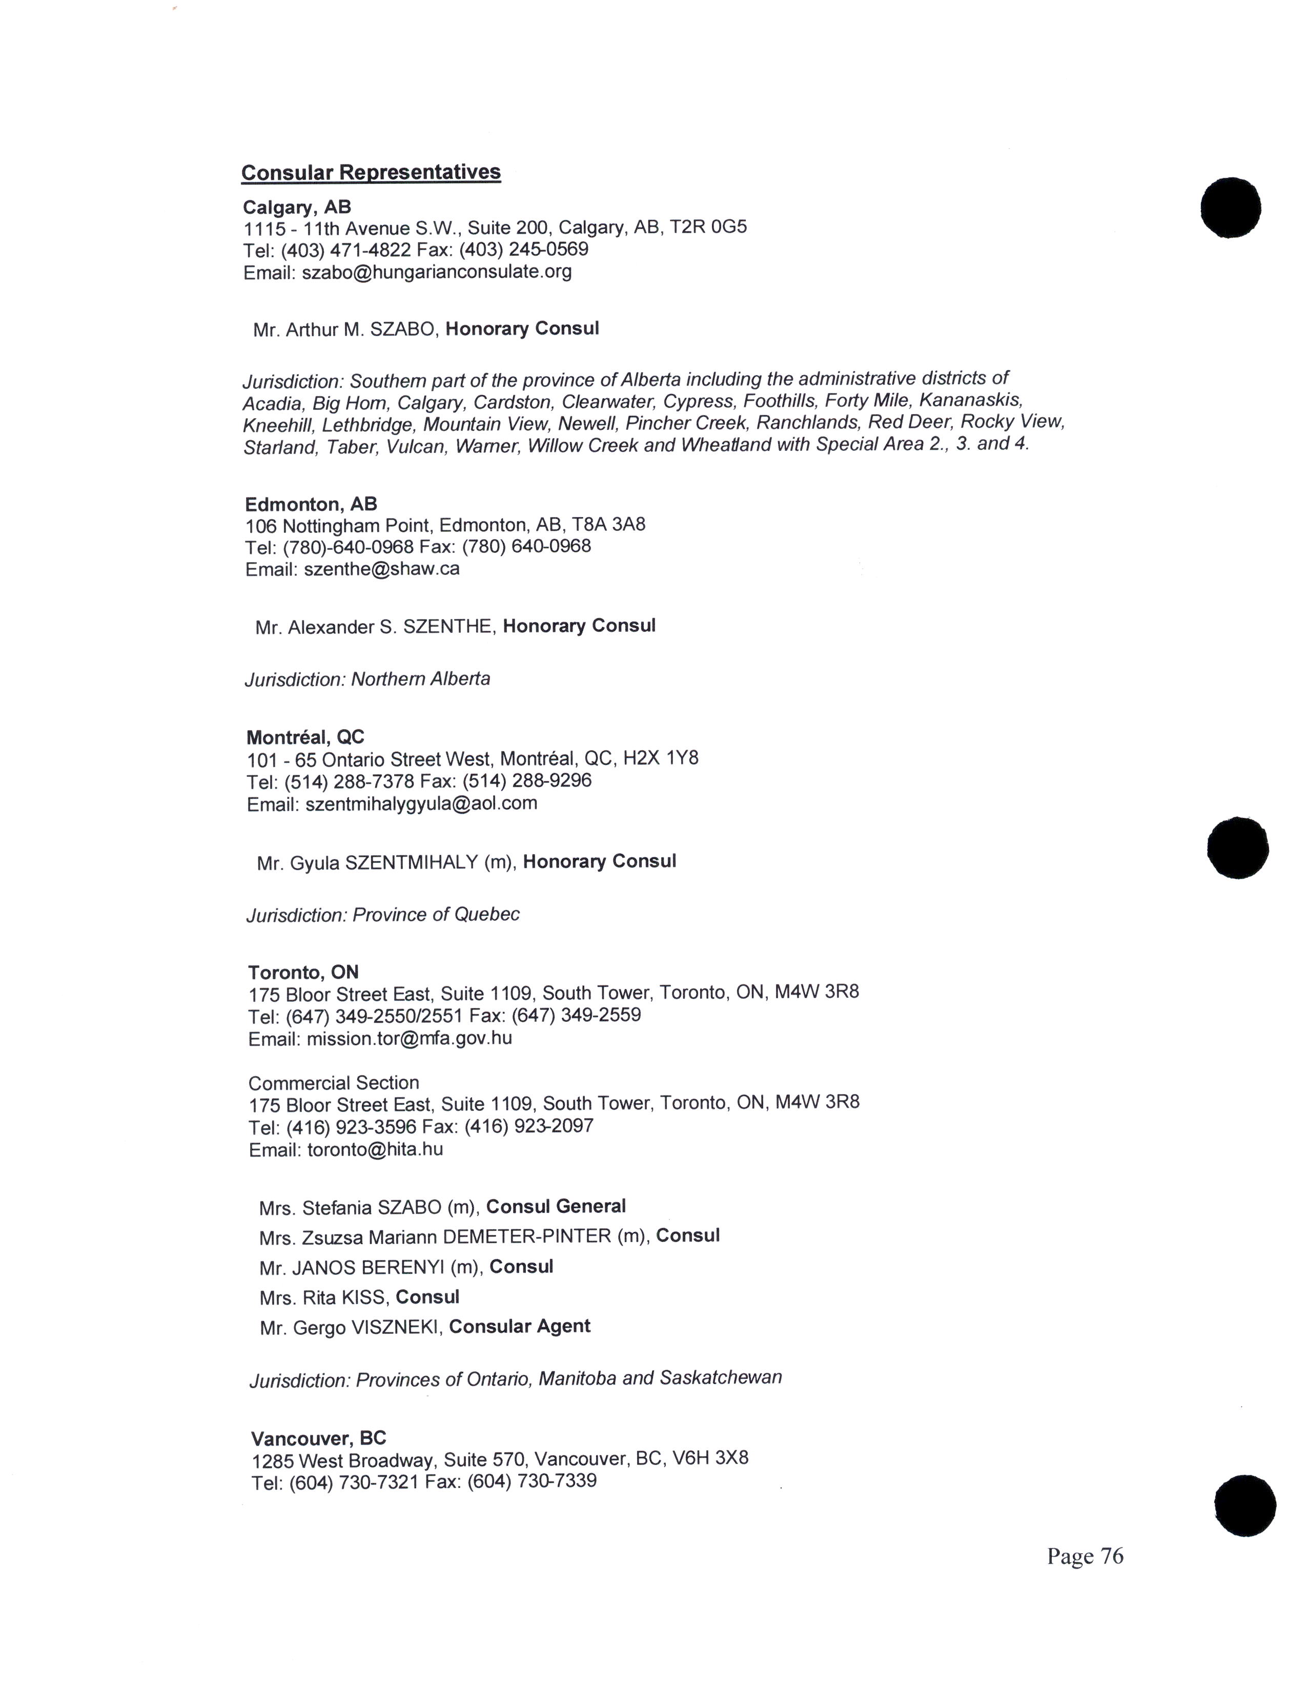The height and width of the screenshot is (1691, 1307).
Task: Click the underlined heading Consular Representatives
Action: (x=371, y=172)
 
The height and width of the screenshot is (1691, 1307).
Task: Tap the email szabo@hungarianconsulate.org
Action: (x=437, y=272)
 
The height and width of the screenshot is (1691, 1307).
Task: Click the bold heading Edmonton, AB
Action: (x=311, y=504)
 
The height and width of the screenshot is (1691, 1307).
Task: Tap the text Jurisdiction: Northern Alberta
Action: (x=367, y=679)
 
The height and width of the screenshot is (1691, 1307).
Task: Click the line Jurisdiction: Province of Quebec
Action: (x=382, y=914)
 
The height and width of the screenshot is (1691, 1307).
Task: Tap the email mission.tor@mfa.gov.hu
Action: (x=409, y=1038)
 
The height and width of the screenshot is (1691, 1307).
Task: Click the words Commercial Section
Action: (x=333, y=1082)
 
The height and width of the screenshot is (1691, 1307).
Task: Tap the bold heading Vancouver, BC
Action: (x=318, y=1438)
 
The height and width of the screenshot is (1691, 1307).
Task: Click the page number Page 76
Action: (x=1084, y=1556)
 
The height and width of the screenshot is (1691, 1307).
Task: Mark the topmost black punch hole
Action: (x=1230, y=208)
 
